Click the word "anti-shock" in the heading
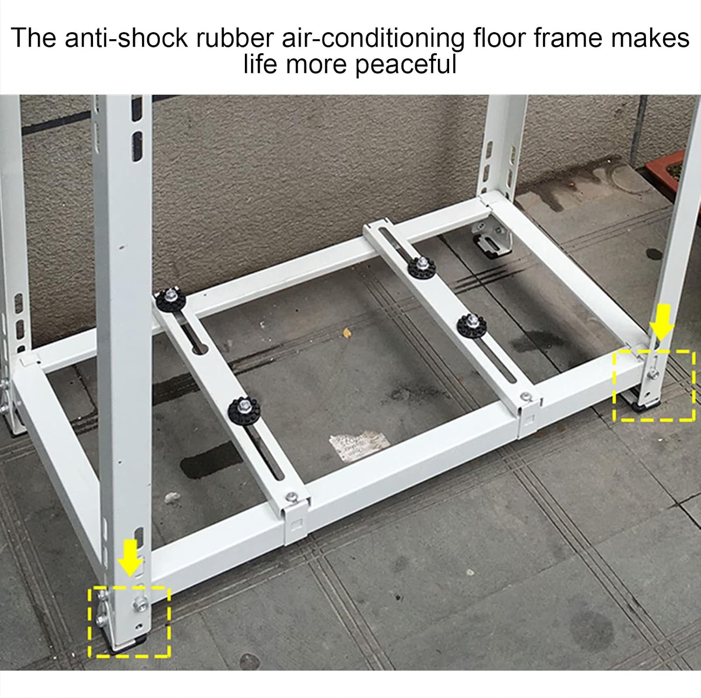tap(126, 38)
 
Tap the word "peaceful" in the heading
tap(406, 65)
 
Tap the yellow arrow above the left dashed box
tap(130, 557)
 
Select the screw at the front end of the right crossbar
tap(527, 397)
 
